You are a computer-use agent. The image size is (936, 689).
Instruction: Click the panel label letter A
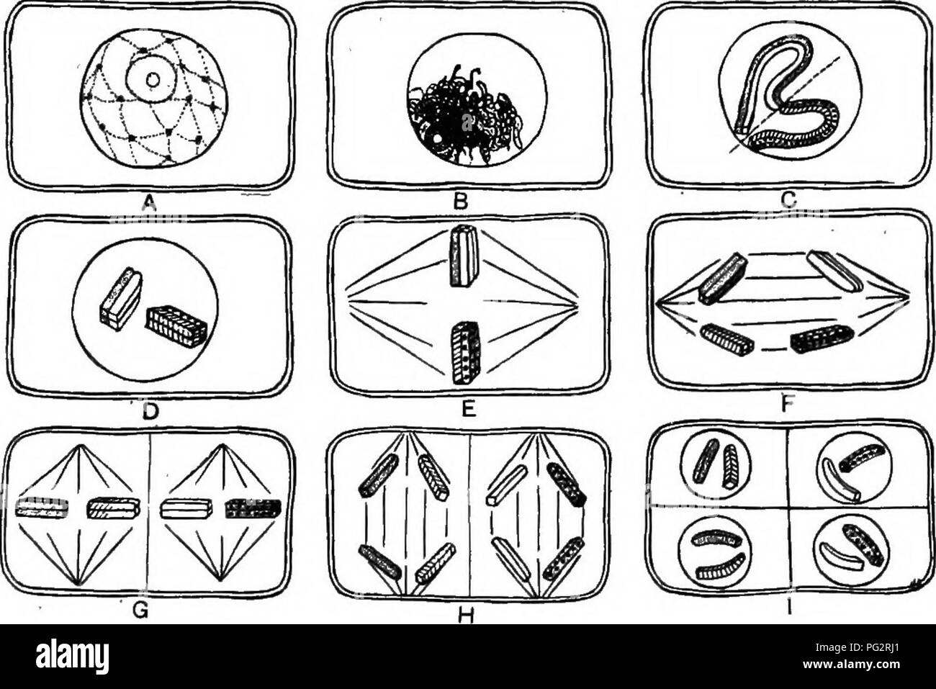[x=149, y=203]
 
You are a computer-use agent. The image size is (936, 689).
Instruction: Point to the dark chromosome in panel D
[x=177, y=326]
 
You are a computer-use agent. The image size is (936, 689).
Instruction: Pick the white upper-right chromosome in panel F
[x=830, y=269]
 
